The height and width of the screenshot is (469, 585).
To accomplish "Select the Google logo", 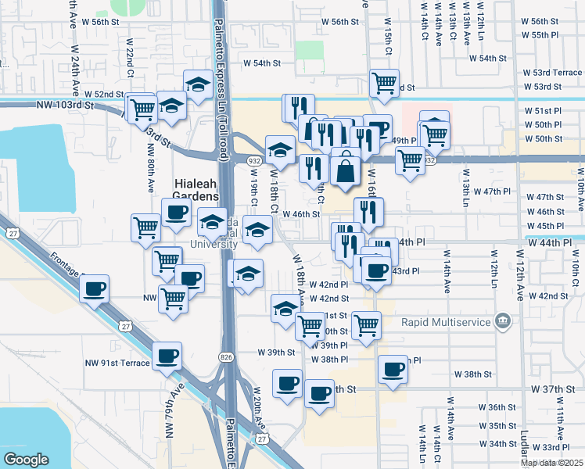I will tap(26, 460).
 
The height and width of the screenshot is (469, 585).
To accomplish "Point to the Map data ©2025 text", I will tap(552, 463).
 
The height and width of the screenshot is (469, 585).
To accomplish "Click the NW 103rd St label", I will tap(65, 104).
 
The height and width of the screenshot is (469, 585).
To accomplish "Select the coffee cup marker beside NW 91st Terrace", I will tap(167, 356).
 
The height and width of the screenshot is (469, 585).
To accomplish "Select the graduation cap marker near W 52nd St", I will tap(199, 84).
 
